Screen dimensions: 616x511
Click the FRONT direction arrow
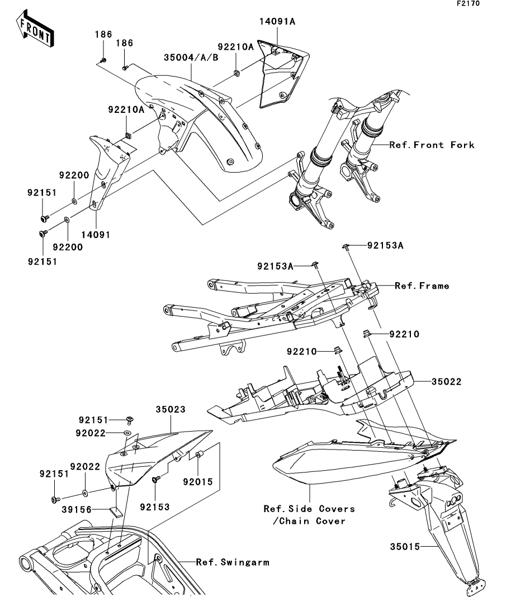[x=35, y=30]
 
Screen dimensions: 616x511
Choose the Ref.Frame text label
[x=422, y=286]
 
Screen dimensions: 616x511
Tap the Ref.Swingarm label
[x=232, y=562]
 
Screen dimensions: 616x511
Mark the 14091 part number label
[x=97, y=235]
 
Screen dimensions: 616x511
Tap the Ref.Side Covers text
[x=309, y=509]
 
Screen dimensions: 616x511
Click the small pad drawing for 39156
[x=117, y=510]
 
